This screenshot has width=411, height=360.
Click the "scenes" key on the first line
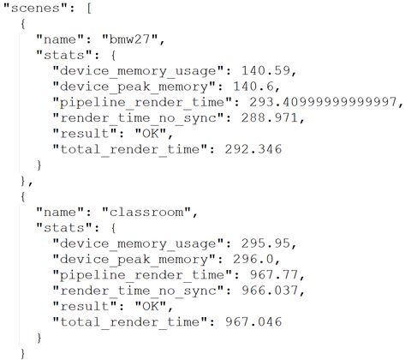[x=35, y=8]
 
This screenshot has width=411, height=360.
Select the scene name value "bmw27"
[x=130, y=39]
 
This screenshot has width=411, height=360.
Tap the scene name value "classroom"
[x=146, y=213]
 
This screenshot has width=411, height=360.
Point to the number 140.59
[x=265, y=70]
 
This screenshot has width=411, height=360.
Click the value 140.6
[x=253, y=87]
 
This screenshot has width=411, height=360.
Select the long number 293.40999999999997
[x=323, y=102]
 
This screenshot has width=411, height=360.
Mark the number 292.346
[x=253, y=149]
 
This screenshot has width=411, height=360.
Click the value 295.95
[x=265, y=243]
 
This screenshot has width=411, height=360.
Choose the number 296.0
[x=253, y=259]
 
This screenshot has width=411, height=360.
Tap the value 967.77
[x=274, y=275]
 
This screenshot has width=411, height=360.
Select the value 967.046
[x=253, y=322]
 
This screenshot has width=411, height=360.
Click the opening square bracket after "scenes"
[x=89, y=8]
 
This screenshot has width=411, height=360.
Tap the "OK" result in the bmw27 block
[x=151, y=134]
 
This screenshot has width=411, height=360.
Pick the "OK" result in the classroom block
[x=151, y=306]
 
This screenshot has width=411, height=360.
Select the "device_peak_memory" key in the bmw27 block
[x=134, y=87]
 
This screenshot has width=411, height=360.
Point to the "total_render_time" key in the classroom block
[x=130, y=322]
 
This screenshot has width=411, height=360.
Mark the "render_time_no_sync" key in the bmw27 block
[x=138, y=118]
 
